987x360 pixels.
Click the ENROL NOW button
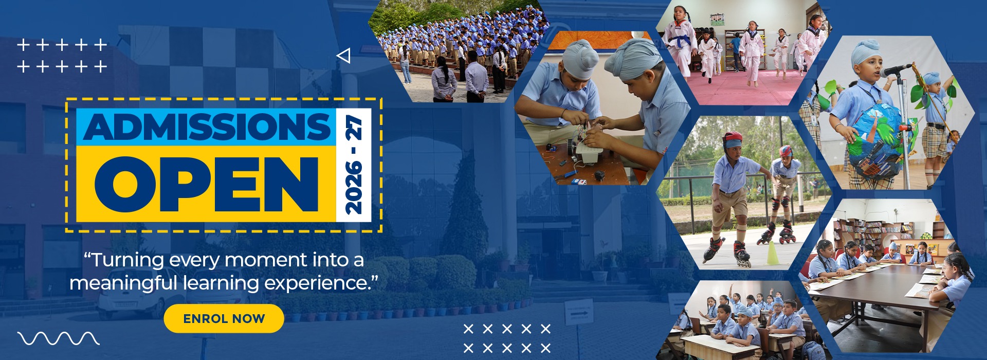pyautogui.click(x=224, y=318)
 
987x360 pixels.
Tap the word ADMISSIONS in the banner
pyautogui.click(x=207, y=127)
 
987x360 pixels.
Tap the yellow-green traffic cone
pyautogui.click(x=773, y=253)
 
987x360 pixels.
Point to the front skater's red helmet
pyautogui.click(x=732, y=139)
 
